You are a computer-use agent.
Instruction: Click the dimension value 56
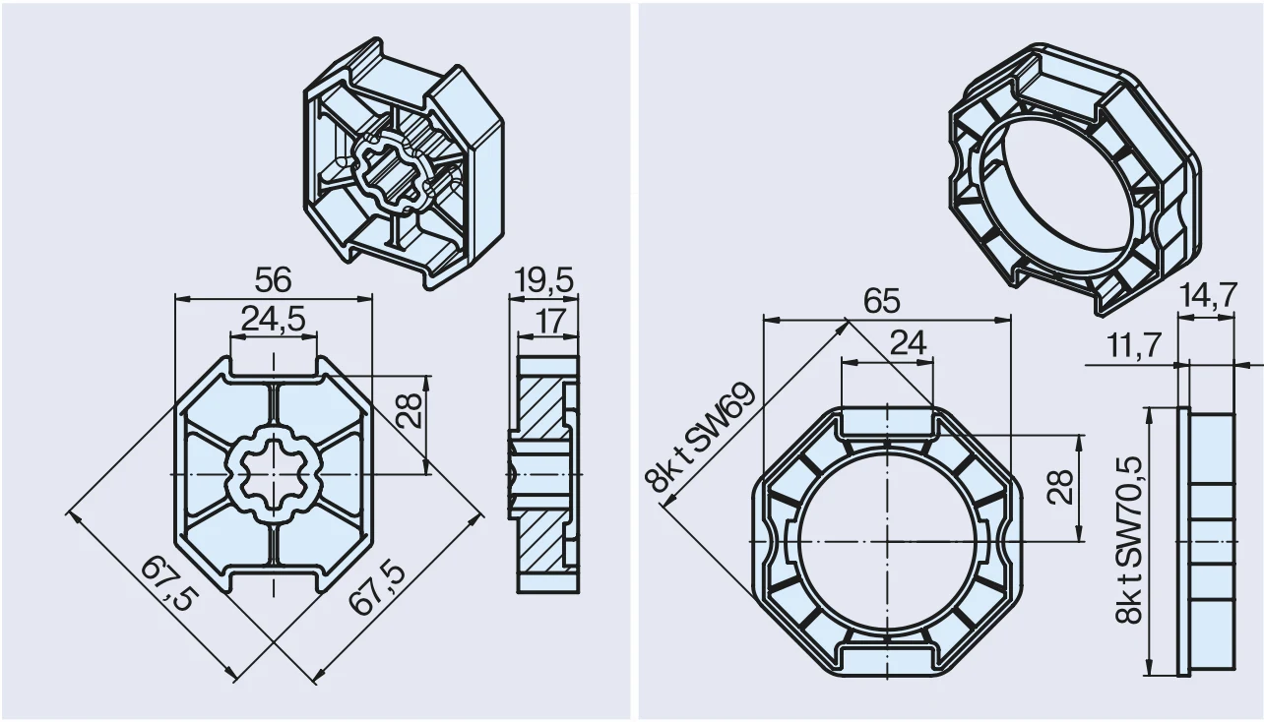[x=273, y=280]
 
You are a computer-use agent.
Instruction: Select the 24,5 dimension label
[x=274, y=320]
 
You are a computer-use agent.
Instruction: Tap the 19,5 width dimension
[x=544, y=280]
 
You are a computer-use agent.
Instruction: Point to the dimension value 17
[x=549, y=321]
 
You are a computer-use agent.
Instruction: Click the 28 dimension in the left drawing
[x=410, y=410]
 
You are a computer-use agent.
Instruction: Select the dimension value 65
[x=882, y=302]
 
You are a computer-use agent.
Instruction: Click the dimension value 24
[x=909, y=342]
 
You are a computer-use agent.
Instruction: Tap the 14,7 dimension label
[x=1209, y=295]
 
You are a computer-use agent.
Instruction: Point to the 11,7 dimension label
[x=1135, y=345]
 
